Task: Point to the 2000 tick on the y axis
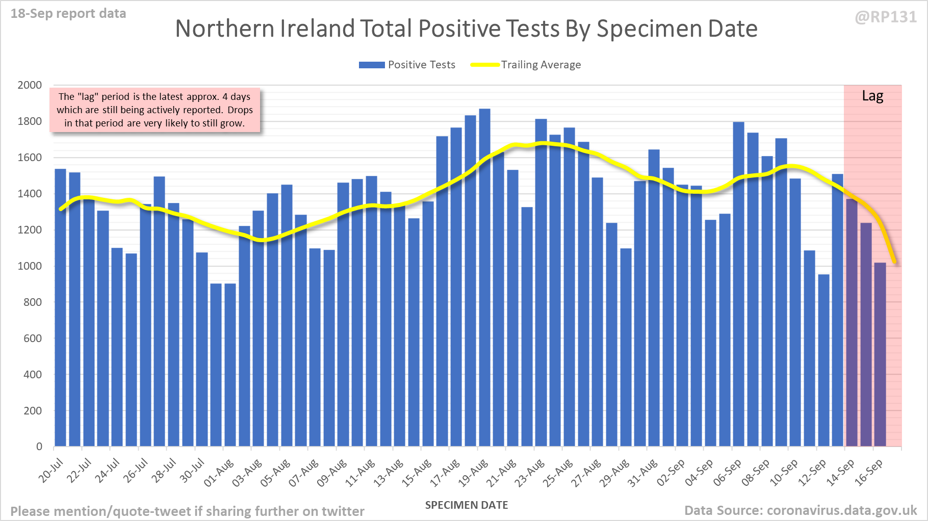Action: tap(30, 85)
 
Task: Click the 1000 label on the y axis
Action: tap(30, 266)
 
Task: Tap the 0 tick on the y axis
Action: tap(39, 447)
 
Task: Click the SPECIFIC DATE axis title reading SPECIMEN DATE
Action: tap(467, 505)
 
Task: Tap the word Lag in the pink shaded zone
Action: tap(872, 96)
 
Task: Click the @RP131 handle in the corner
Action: tap(886, 17)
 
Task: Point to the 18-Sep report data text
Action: tap(68, 14)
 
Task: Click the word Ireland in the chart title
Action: tap(317, 29)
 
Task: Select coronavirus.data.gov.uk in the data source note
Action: tap(842, 510)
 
